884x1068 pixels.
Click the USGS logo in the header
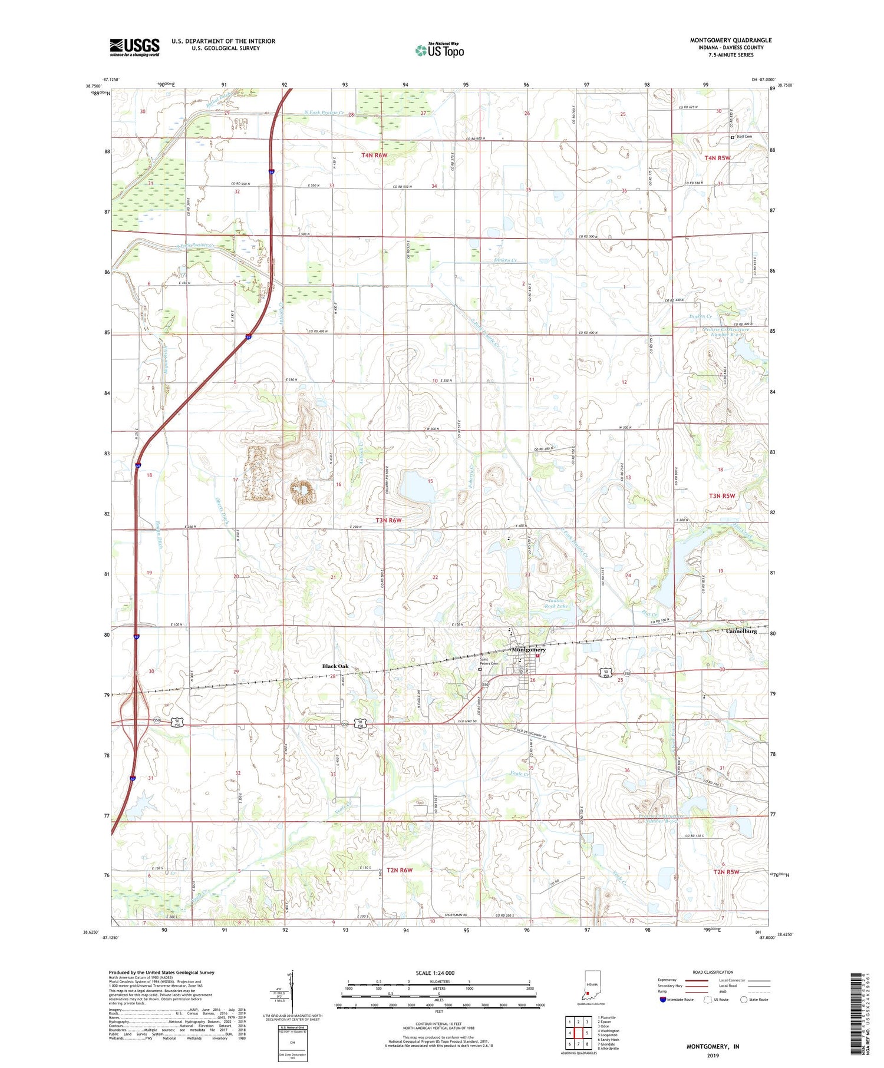(x=134, y=47)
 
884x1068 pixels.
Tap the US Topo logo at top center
(x=440, y=50)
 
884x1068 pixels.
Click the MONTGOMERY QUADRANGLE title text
(x=730, y=40)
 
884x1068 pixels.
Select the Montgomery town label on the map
(x=529, y=650)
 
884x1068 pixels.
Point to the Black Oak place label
(x=335, y=666)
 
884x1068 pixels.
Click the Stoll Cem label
(x=744, y=137)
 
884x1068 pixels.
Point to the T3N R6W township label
(x=388, y=520)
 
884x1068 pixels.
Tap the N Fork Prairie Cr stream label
(x=324, y=113)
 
